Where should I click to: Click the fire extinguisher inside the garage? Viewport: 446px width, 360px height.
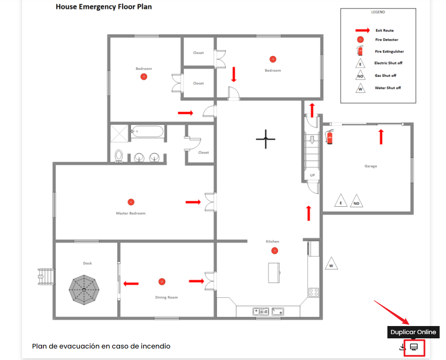pyautogui.click(x=329, y=137)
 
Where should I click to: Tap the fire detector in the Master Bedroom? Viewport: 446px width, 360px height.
pyautogui.click(x=131, y=202)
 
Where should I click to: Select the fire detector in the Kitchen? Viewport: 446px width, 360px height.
pyautogui.click(x=274, y=250)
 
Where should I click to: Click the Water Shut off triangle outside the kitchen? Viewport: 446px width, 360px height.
pyautogui.click(x=331, y=263)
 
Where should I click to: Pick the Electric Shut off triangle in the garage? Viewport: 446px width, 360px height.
pyautogui.click(x=341, y=200)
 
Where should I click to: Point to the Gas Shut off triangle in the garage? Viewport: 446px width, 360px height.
pyautogui.click(x=356, y=201)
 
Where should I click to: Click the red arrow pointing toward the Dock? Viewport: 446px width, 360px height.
pyautogui.click(x=131, y=284)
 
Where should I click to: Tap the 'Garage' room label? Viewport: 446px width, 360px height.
pyautogui.click(x=371, y=166)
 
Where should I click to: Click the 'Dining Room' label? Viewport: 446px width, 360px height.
pyautogui.click(x=167, y=298)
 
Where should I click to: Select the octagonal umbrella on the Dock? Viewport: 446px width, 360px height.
pyautogui.click(x=84, y=290)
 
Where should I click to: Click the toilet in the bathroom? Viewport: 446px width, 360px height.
pyautogui.click(x=119, y=156)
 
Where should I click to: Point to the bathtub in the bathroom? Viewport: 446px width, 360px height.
pyautogui.click(x=147, y=131)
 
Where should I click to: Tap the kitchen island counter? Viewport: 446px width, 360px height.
pyautogui.click(x=274, y=273)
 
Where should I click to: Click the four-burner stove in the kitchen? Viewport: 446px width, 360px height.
pyautogui.click(x=313, y=292)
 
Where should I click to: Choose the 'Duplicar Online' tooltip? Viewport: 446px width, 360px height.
pyautogui.click(x=413, y=332)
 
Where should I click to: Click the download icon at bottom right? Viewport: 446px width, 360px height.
pyautogui.click(x=402, y=347)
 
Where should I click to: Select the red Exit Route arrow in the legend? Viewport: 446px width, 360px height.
pyautogui.click(x=362, y=30)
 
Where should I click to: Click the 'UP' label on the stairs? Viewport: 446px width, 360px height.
pyautogui.click(x=312, y=175)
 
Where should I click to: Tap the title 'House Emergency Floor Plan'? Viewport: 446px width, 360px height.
pyautogui.click(x=104, y=7)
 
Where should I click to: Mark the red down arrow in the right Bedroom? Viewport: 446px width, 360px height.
pyautogui.click(x=234, y=74)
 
